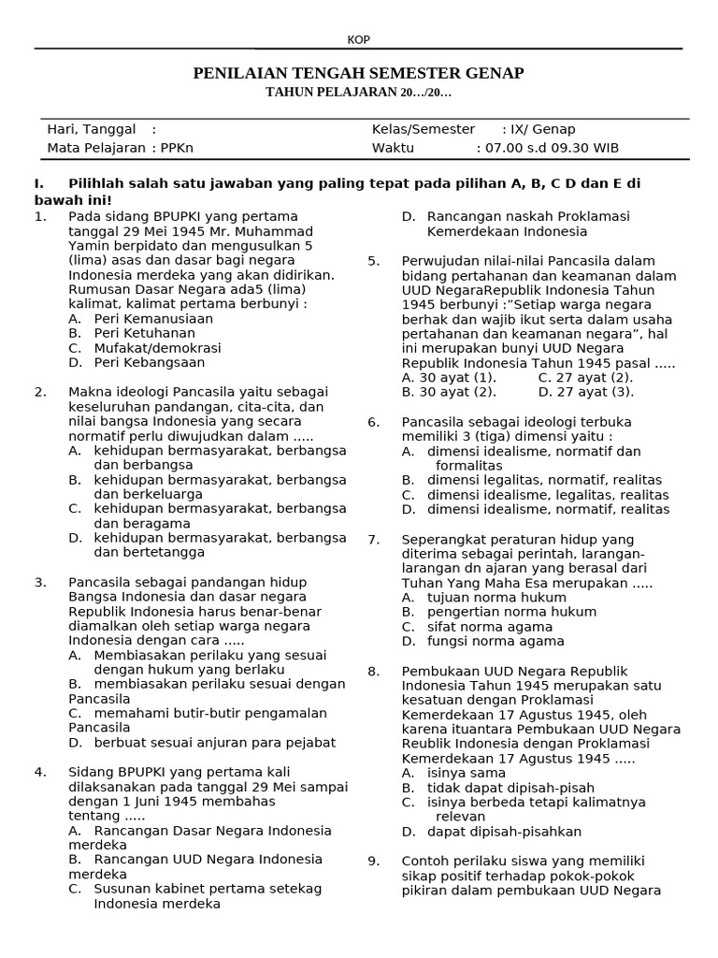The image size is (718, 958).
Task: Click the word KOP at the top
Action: [358, 40]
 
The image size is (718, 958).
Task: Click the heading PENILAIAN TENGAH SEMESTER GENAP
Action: [358, 73]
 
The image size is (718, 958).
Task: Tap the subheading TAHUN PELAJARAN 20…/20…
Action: [358, 92]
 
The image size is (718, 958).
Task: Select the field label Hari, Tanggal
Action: [92, 129]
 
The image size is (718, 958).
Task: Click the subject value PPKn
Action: [177, 148]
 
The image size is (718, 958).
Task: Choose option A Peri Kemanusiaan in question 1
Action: [153, 318]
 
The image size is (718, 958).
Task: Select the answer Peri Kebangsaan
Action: [149, 362]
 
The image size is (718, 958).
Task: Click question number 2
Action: [40, 392]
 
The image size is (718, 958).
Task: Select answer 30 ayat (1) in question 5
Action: [449, 377]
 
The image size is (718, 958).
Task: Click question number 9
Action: [373, 861]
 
